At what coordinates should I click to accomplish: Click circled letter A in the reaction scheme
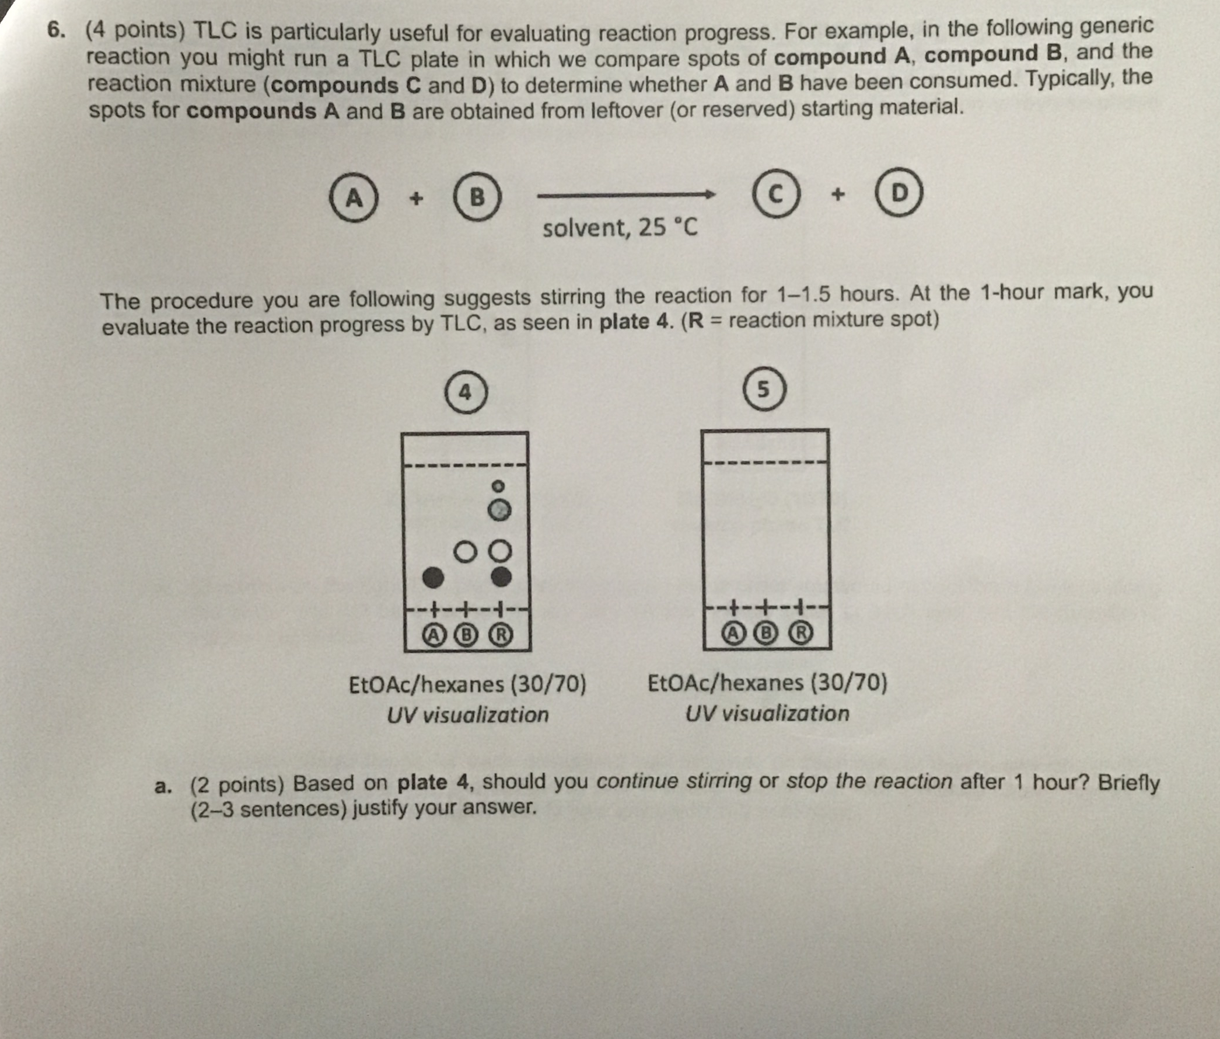(353, 197)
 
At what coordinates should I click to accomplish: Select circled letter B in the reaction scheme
(477, 196)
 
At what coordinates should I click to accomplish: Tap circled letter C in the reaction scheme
(776, 194)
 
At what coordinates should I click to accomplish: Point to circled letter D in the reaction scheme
(899, 192)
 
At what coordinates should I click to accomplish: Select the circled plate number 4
(466, 392)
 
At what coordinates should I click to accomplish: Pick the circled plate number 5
(764, 390)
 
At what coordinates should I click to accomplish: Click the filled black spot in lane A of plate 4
(433, 577)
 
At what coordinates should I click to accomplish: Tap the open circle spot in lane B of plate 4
(465, 552)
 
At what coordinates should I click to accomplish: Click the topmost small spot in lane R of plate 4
(498, 486)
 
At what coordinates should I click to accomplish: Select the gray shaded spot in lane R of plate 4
(499, 510)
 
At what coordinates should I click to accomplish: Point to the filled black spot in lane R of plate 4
(501, 576)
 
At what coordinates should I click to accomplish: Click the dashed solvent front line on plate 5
(765, 462)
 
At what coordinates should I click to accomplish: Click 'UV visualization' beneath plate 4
(468, 715)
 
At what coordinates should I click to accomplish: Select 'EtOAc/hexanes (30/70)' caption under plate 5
(767, 683)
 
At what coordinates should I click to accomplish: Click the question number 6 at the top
(55, 30)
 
